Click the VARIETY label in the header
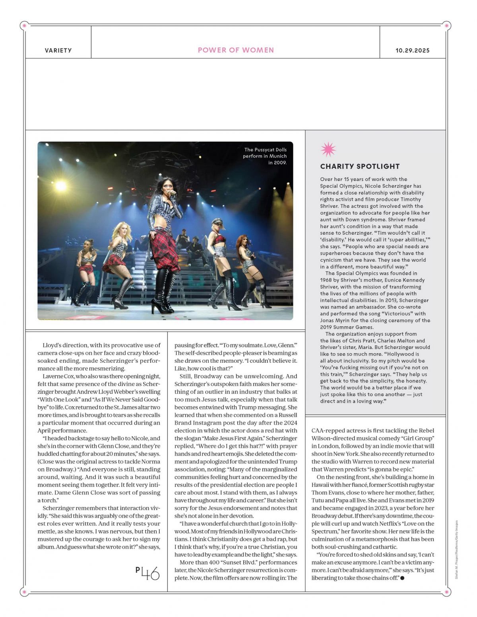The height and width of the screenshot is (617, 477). [58, 51]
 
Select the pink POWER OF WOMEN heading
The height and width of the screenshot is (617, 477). [236, 50]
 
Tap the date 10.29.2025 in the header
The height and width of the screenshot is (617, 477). [412, 51]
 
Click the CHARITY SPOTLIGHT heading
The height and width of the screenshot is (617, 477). [360, 166]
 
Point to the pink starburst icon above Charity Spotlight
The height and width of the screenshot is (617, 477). [328, 150]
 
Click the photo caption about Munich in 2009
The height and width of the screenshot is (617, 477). [265, 156]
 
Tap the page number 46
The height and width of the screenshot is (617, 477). [148, 573]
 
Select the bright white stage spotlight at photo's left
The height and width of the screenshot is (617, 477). [61, 185]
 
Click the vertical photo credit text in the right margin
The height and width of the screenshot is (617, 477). [456, 549]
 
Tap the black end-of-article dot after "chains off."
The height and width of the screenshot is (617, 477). [402, 578]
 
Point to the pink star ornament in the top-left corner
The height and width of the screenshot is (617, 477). [25, 26]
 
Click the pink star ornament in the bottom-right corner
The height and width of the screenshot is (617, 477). [446, 592]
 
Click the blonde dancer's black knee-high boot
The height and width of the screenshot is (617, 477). [122, 292]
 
